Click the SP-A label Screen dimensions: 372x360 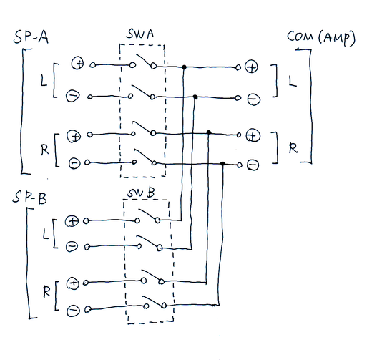[31, 37]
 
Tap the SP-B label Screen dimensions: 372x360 [30, 198]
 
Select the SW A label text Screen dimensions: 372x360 [139, 34]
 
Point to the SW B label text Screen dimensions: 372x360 [141, 193]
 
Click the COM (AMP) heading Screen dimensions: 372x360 [321, 37]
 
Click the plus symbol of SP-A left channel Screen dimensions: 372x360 [78, 63]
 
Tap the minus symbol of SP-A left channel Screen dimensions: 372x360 [73, 96]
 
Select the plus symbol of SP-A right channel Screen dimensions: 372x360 [74, 136]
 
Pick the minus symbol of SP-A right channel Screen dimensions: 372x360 [74, 163]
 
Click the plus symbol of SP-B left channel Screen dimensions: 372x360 [72, 221]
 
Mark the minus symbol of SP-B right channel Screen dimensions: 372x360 [74, 311]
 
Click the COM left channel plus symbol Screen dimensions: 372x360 [252, 67]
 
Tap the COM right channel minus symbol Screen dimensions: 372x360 [253, 165]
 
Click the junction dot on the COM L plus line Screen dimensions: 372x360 [184, 67]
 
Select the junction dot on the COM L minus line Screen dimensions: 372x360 [195, 97]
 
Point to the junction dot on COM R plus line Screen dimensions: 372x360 [209, 132]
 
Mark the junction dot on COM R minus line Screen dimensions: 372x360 [222, 164]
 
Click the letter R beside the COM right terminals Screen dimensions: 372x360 [293, 148]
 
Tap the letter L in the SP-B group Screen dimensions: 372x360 [45, 233]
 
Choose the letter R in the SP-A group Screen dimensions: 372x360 [44, 150]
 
